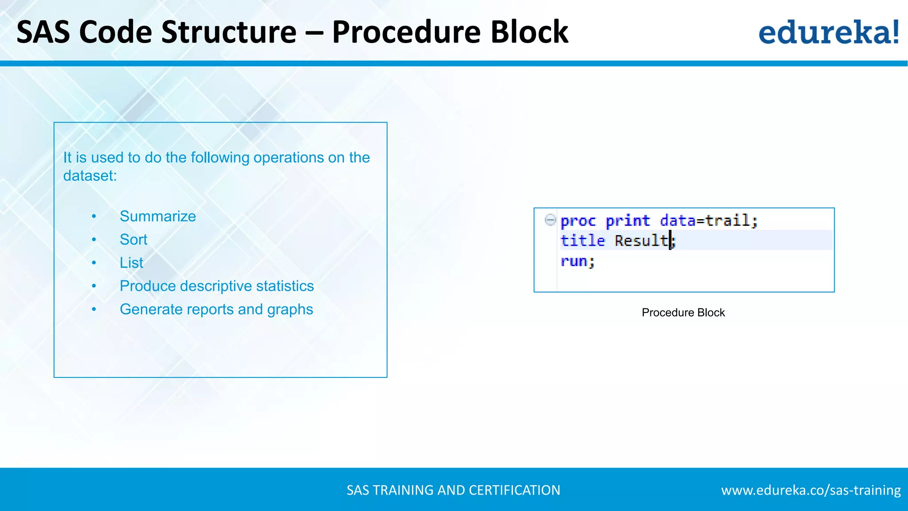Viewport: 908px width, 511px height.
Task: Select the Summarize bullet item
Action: [x=157, y=216]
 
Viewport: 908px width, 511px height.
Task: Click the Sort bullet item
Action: [x=133, y=240]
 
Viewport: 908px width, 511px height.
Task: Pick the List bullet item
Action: [x=131, y=263]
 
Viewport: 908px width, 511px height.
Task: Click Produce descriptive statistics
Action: [x=216, y=286]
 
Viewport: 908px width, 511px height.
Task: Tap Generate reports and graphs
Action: [x=216, y=309]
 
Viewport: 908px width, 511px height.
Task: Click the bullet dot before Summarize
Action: [x=94, y=216]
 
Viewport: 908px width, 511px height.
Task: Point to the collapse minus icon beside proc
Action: [x=550, y=220]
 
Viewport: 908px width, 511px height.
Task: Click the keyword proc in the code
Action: [x=578, y=220]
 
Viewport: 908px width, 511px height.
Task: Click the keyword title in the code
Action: [x=582, y=240]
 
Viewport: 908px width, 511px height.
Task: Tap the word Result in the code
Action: [x=641, y=240]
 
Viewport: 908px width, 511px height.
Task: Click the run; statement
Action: [x=577, y=261]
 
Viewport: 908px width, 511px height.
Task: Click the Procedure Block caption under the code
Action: [x=683, y=313]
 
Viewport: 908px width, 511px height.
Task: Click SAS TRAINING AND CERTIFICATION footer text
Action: [x=453, y=490]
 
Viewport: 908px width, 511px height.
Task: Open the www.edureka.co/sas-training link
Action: [x=810, y=490]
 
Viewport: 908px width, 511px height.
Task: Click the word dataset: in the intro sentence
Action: [x=90, y=176]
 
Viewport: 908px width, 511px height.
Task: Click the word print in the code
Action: [x=627, y=220]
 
